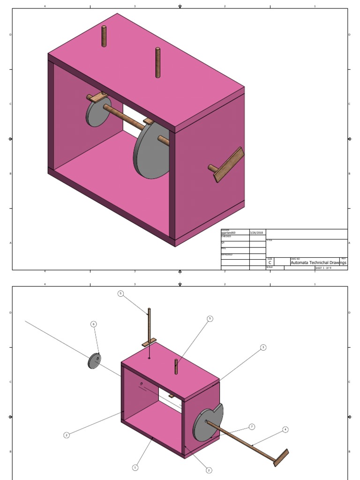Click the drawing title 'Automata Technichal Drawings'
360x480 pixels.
(318, 263)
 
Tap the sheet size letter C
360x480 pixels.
(270, 263)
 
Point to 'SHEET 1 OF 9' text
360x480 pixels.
(323, 268)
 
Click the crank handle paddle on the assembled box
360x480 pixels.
(229, 165)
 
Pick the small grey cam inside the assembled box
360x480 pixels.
(98, 112)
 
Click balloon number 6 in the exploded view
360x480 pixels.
(93, 324)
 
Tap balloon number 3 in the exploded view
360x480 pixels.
(263, 347)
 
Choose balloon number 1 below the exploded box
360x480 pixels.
(135, 467)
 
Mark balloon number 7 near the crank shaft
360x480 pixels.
(252, 427)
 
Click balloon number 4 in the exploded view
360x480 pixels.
(285, 429)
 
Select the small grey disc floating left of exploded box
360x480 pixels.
(95, 360)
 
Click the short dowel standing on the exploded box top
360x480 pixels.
(176, 367)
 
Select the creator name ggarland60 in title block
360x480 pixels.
(228, 232)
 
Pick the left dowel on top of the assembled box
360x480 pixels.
(104, 37)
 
